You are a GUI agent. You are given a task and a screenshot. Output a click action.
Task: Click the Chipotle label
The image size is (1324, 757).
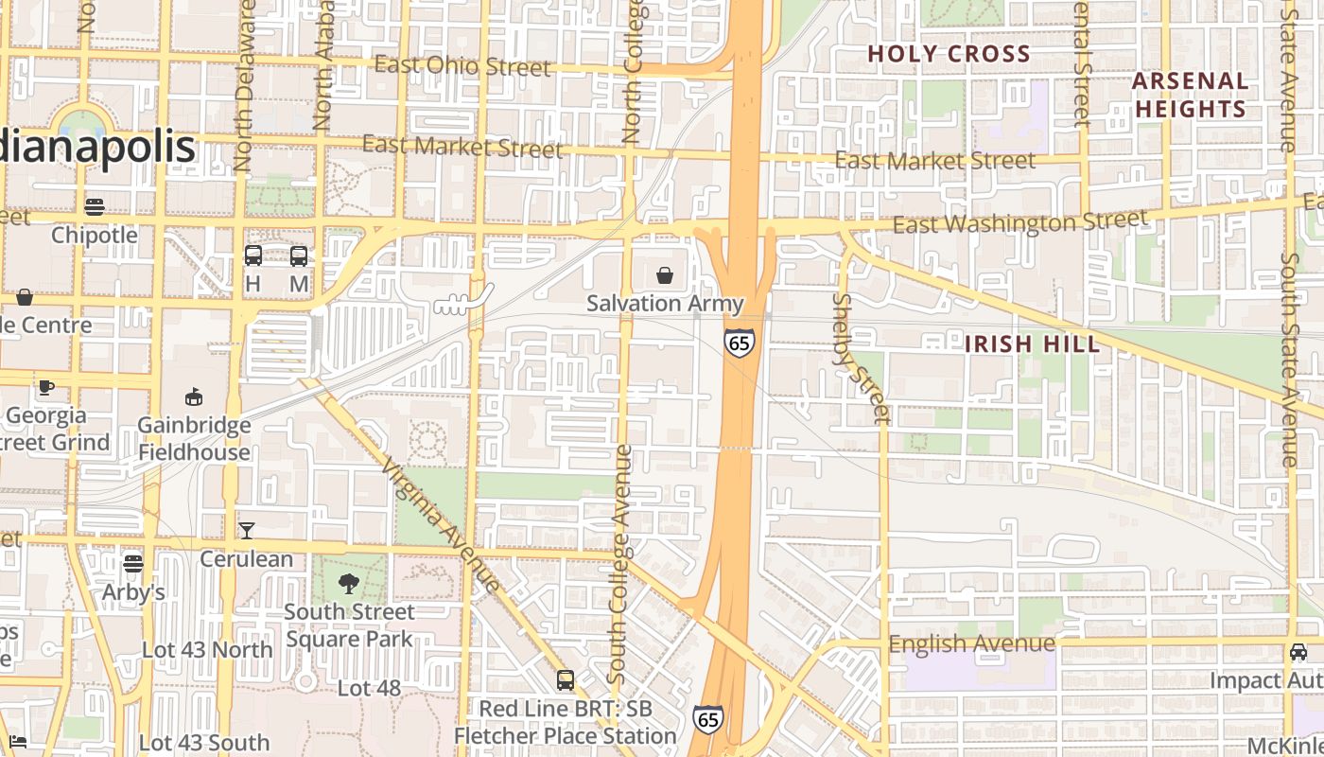[x=95, y=235]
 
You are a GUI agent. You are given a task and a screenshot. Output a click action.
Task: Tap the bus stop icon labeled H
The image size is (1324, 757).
[x=253, y=255]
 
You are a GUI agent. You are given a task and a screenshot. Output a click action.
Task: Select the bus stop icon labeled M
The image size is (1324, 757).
[x=299, y=255]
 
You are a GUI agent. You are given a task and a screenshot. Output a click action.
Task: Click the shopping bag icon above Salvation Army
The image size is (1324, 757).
[x=665, y=275]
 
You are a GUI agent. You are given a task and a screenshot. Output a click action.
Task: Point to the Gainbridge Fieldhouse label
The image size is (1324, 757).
[x=194, y=438]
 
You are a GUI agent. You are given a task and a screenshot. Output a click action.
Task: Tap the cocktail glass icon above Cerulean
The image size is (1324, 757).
[x=247, y=530]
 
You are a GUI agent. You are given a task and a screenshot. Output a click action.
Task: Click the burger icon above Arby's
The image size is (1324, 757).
[x=133, y=564]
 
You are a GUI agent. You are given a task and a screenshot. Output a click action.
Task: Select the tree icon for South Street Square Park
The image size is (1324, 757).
[x=349, y=584]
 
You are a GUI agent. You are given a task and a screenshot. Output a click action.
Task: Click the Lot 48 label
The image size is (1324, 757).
[x=369, y=688]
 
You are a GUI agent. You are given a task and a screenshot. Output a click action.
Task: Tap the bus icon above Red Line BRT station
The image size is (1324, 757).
[x=565, y=679]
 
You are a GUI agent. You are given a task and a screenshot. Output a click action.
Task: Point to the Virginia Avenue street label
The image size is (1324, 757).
[x=441, y=525]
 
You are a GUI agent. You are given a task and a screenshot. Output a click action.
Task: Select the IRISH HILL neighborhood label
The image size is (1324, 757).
[x=1032, y=343]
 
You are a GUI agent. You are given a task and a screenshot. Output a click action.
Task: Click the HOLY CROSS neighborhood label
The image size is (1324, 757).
[x=949, y=54]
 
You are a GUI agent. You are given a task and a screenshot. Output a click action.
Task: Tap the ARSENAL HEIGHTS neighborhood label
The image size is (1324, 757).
[x=1191, y=95]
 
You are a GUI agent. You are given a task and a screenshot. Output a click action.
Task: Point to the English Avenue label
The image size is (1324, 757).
[x=971, y=644]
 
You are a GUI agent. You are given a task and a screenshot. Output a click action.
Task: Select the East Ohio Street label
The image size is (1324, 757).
[x=462, y=66]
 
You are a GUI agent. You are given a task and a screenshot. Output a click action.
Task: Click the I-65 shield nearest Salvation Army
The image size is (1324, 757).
[x=740, y=342]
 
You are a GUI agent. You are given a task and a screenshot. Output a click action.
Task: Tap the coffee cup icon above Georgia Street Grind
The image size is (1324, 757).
[x=45, y=386]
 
